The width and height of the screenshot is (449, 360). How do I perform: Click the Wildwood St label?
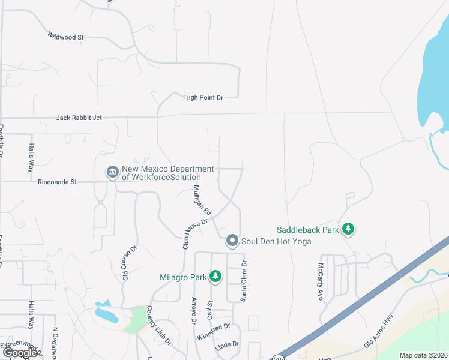coord(66,37)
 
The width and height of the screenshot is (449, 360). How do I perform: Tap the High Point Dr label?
coord(203,97)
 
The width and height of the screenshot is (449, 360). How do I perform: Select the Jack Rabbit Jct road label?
coord(79,118)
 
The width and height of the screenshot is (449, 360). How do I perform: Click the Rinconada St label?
coord(58,181)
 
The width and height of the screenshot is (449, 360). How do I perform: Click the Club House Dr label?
coord(194,233)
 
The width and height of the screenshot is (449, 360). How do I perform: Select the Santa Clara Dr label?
coord(244,280)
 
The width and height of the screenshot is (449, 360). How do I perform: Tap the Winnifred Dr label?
coord(214,331)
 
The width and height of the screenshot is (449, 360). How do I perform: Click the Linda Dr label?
coord(227,345)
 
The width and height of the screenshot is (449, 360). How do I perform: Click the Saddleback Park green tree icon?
coord(348,229)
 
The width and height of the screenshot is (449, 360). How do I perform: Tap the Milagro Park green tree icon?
coord(215,277)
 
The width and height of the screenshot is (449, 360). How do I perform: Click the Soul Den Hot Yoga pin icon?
coord(233,241)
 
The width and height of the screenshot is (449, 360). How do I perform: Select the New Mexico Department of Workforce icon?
coord(112,173)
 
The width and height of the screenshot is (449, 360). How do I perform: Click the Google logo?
coord(20,353)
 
